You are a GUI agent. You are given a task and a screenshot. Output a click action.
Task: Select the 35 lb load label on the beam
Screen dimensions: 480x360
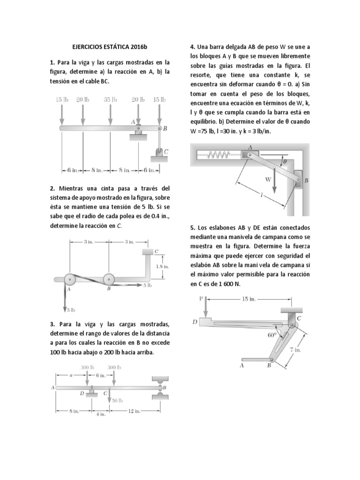coord(110,99)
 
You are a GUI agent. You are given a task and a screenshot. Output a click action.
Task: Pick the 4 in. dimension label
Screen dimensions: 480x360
coord(101,415)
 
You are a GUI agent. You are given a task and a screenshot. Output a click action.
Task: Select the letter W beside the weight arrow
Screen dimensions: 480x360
coord(268,179)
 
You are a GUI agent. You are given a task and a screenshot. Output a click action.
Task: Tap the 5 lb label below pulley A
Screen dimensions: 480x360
coord(70,309)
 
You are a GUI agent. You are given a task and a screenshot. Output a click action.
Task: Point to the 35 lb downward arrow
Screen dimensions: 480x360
coord(110,115)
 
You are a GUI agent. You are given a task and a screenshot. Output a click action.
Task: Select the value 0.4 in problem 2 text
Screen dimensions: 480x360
coord(148,216)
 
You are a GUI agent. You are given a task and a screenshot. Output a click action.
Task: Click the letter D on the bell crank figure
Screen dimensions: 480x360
coord(195,322)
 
